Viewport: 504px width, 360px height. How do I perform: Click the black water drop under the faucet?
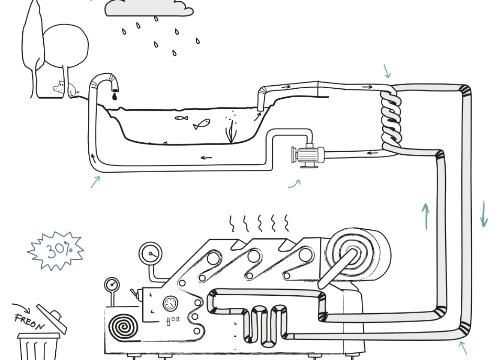pyautogui.click(x=114, y=96)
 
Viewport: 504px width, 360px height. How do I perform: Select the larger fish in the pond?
pyautogui.click(x=201, y=124)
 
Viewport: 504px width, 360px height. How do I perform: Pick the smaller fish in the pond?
pyautogui.click(x=181, y=118)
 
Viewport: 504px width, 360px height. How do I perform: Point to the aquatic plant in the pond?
pyautogui.click(x=231, y=132)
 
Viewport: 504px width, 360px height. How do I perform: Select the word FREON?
pyautogui.click(x=29, y=321)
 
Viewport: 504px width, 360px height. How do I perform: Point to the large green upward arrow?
pyautogui.click(x=426, y=216)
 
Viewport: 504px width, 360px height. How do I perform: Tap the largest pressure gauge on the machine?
pyautogui.click(x=150, y=254)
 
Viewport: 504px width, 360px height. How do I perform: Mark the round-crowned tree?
pyautogui.click(x=66, y=45)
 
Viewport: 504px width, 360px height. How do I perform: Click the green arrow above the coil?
pyautogui.click(x=387, y=71)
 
